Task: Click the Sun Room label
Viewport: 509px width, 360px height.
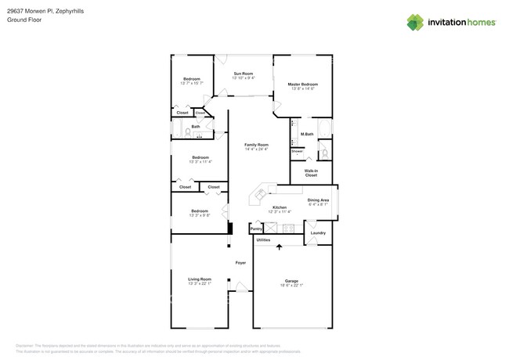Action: tap(244, 73)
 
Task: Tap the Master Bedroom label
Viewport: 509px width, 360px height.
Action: tap(302, 84)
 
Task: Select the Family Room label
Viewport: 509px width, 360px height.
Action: tap(256, 145)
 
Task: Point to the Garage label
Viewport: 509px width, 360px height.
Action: tap(291, 280)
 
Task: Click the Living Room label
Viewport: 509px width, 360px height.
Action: tap(199, 279)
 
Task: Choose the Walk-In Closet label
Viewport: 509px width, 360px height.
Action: tap(311, 172)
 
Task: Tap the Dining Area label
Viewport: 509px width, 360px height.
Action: tap(318, 200)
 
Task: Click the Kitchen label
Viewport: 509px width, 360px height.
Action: tap(280, 207)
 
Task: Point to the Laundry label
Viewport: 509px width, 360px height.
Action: tap(317, 232)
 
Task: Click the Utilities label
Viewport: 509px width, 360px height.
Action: tap(263, 239)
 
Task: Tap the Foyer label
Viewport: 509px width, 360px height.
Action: tap(240, 264)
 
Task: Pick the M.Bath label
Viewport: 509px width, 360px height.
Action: tap(307, 135)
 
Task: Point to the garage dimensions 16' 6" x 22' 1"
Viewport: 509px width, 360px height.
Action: tap(291, 285)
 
